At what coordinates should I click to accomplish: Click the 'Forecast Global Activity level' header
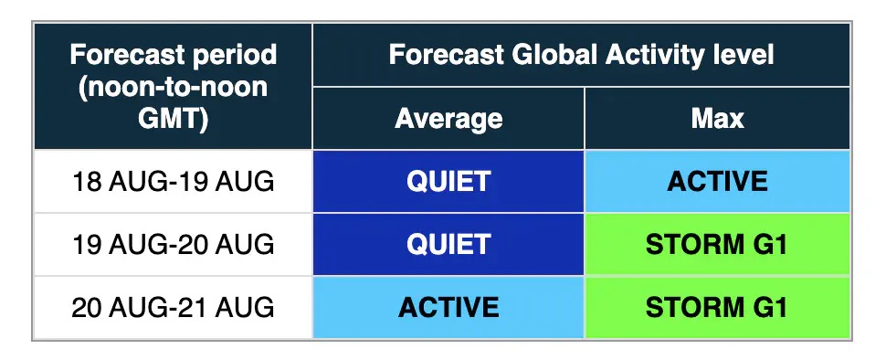pos(581,55)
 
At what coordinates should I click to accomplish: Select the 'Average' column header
pos(448,119)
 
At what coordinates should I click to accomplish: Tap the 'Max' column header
pos(717,119)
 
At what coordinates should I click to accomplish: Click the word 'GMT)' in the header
pos(173,120)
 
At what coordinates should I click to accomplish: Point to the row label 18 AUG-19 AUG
pos(173,182)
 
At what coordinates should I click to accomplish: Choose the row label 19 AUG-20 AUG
pos(173,245)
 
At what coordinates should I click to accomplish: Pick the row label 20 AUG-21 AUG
pos(173,307)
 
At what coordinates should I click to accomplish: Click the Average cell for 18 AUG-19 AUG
pos(448,182)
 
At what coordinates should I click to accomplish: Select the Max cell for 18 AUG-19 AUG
pos(718,182)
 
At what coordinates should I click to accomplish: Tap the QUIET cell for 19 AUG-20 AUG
pos(448,244)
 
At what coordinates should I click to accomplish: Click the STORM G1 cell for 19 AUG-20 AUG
pos(718,244)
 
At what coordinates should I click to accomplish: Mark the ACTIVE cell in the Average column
pos(448,307)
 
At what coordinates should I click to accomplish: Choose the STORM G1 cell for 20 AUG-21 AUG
pos(718,307)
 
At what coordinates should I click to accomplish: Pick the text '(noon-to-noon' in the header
pos(173,88)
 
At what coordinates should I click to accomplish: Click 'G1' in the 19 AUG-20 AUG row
pos(771,245)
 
